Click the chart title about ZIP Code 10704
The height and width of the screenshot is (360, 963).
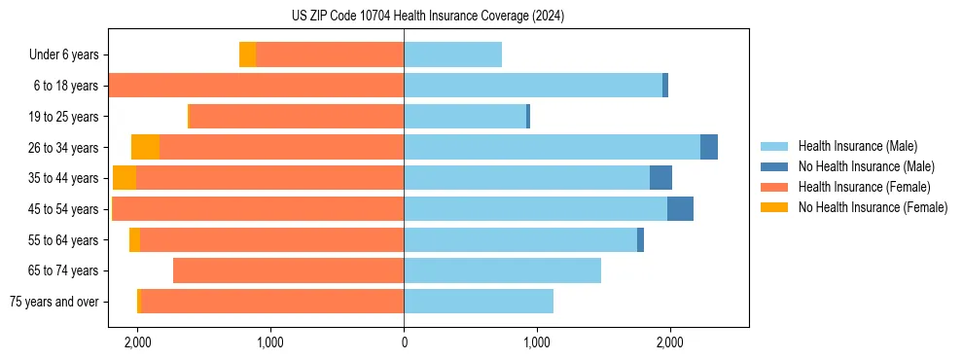[428, 16]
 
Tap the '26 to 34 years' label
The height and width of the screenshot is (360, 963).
[64, 147]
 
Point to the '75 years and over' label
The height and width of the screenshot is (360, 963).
[54, 302]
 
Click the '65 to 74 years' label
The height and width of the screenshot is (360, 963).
[64, 270]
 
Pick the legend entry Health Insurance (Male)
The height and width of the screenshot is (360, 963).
[856, 146]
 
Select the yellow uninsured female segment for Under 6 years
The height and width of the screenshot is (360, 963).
[247, 54]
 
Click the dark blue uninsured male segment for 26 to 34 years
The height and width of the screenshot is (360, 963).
[709, 147]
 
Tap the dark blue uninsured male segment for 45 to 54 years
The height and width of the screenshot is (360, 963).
[680, 209]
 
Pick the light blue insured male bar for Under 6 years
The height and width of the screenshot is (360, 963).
[452, 54]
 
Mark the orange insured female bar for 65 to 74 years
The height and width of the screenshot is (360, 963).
[288, 270]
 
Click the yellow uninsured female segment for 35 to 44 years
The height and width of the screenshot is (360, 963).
[125, 178]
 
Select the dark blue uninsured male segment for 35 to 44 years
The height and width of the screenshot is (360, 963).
[660, 178]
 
